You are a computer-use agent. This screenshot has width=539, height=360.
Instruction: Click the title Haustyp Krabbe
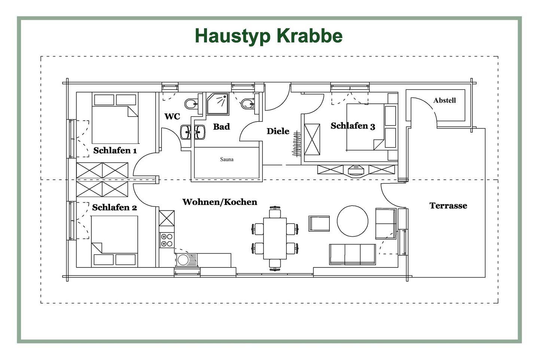(x=268, y=36)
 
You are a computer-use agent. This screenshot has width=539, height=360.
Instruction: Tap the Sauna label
(x=227, y=159)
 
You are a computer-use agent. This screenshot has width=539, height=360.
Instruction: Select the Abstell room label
(x=444, y=100)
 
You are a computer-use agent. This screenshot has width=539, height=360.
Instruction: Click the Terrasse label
(x=448, y=206)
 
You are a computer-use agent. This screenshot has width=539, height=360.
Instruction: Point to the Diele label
(x=278, y=131)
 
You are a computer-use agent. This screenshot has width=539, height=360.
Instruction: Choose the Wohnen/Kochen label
(x=220, y=202)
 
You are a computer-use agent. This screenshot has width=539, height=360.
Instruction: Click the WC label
(x=172, y=117)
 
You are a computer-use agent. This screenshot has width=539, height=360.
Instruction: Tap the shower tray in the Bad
(x=217, y=104)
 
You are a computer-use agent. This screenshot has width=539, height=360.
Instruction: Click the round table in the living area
(x=353, y=221)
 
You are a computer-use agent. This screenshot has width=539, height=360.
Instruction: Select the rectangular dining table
(x=275, y=238)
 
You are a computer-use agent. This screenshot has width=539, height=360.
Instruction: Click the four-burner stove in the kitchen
(x=167, y=240)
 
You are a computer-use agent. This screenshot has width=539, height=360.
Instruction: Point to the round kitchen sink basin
(x=183, y=260)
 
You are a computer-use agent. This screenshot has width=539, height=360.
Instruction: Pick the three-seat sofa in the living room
(x=353, y=254)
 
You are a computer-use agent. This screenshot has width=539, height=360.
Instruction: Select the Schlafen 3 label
(x=353, y=126)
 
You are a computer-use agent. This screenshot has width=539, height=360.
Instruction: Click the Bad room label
(x=221, y=127)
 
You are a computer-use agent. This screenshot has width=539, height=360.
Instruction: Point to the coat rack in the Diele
(x=296, y=144)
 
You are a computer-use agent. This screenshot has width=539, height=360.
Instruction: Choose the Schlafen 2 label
(x=115, y=207)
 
